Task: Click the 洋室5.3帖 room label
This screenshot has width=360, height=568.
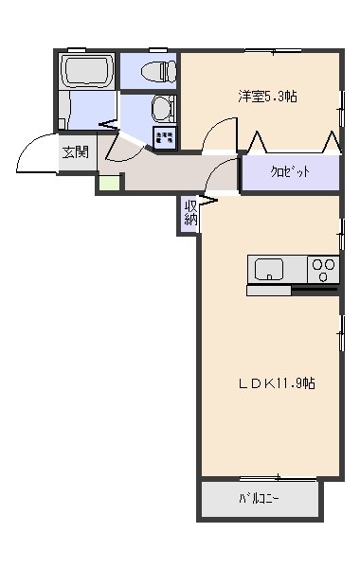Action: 267,97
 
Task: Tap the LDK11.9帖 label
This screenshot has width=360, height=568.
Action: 277,383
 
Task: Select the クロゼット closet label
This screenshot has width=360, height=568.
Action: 290,171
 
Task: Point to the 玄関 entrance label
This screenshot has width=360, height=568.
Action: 76,152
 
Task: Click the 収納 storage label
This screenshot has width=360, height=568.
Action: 190,213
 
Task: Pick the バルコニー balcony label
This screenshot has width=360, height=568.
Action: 259,499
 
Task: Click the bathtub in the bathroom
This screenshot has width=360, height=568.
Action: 86,71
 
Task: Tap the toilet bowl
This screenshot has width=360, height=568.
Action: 158,70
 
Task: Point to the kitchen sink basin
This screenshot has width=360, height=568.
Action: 269,270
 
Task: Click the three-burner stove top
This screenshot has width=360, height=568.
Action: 323,270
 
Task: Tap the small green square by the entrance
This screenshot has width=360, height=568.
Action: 110,183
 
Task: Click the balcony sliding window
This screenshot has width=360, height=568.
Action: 279,478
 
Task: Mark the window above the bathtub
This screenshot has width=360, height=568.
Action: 77,50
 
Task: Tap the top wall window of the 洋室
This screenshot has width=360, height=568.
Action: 273,50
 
